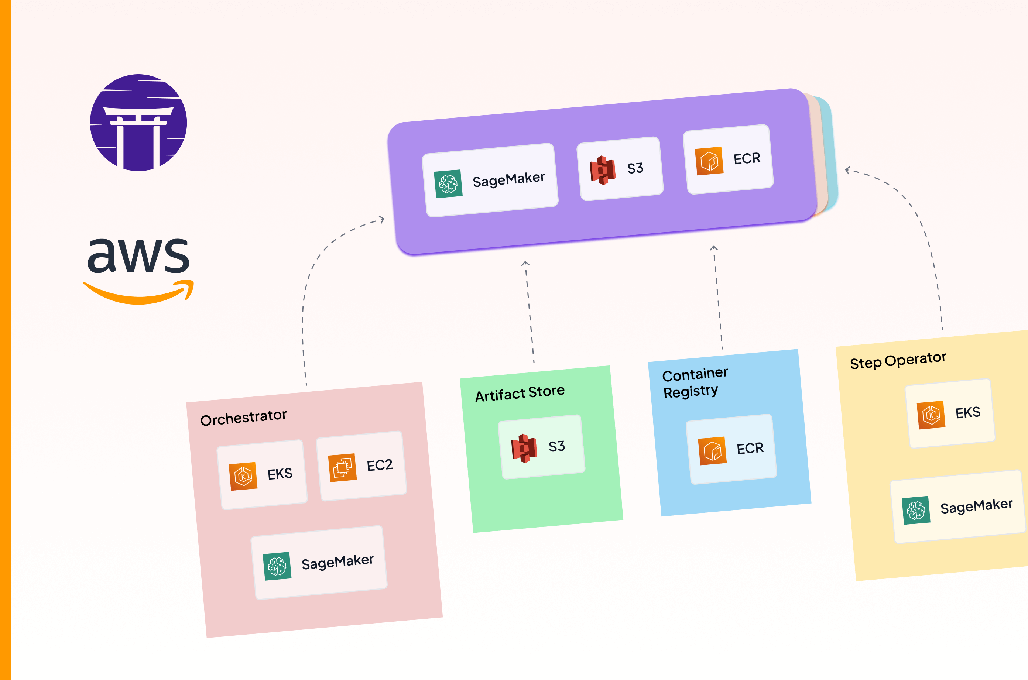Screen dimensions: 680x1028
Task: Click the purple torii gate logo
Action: pos(138,123)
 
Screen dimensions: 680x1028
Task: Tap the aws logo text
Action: pos(138,256)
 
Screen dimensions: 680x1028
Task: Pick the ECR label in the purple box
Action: pos(747,158)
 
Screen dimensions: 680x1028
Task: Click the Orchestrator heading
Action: pos(243,417)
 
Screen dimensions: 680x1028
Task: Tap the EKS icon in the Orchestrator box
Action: pos(243,476)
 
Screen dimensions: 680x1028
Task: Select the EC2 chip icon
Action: pos(342,467)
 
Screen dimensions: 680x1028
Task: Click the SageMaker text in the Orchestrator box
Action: pos(337,561)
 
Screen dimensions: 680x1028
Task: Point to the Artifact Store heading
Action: pos(519,393)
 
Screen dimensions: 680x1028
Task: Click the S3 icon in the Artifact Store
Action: pos(524,449)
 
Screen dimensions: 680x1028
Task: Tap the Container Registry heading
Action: pos(694,382)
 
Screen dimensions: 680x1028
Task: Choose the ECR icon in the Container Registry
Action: pos(712,451)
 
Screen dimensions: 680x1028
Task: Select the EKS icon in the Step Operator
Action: pos(931,415)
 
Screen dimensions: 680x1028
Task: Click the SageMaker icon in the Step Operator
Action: pos(916,511)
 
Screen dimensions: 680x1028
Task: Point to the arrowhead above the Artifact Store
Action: pos(525,263)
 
